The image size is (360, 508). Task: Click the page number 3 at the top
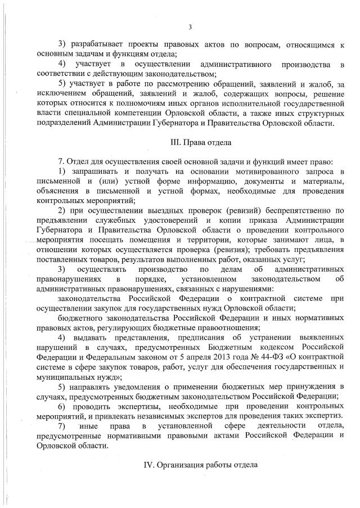point(190,27)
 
